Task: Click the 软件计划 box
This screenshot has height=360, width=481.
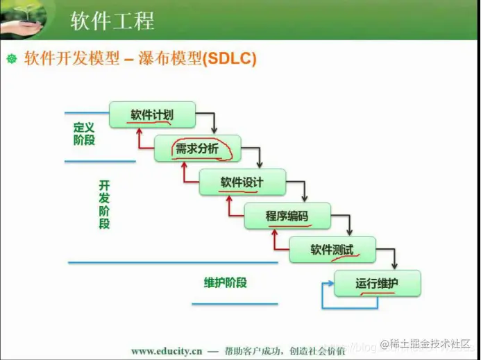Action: click(152, 114)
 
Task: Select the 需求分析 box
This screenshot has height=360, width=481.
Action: click(197, 148)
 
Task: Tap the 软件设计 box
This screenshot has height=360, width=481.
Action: click(242, 182)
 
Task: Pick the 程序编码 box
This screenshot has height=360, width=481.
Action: click(287, 216)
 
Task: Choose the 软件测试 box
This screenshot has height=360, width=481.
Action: click(332, 250)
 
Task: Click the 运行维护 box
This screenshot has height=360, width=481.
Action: click(377, 283)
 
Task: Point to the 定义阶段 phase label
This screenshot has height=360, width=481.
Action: click(84, 134)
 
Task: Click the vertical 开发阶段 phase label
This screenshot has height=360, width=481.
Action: click(104, 205)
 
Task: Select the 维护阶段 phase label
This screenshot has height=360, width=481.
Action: click(226, 282)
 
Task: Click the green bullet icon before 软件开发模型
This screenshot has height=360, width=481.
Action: click(11, 60)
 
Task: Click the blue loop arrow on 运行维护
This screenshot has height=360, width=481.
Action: click(325, 295)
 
